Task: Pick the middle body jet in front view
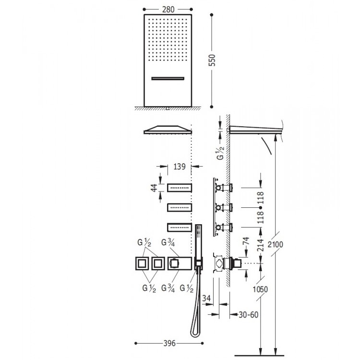tap(179, 207)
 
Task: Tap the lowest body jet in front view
tap(179, 227)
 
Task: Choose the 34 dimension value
tap(208, 299)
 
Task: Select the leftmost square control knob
tap(142, 263)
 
